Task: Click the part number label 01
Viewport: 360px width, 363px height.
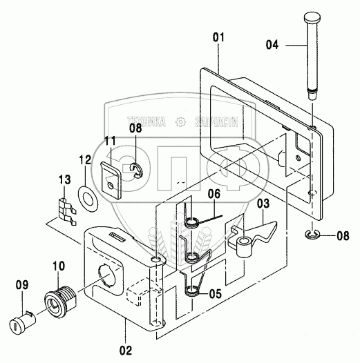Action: pos(218,37)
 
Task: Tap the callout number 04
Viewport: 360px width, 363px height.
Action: pos(272,45)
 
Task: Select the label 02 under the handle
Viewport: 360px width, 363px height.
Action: pos(126,351)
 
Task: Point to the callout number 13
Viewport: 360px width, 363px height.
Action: pos(64,179)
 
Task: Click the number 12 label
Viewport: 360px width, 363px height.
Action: pos(85,159)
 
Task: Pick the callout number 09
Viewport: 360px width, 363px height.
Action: pos(22,285)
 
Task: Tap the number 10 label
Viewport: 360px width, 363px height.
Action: pos(59,266)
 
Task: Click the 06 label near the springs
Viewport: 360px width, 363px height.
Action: pos(214,194)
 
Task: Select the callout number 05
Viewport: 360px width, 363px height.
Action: pos(216,294)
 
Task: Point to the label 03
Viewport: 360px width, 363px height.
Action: pos(263,204)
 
